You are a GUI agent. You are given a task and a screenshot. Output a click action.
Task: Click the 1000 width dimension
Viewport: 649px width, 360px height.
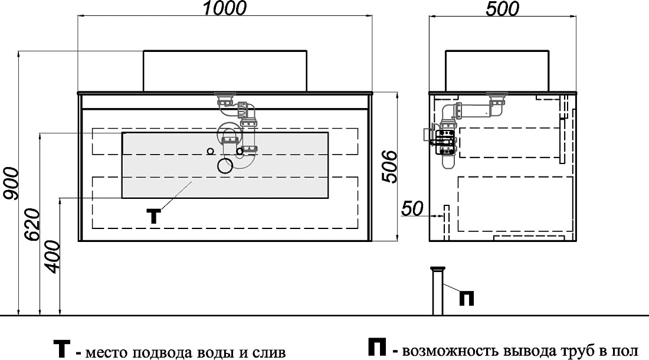[225, 8]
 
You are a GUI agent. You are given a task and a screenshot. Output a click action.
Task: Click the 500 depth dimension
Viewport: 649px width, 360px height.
[502, 8]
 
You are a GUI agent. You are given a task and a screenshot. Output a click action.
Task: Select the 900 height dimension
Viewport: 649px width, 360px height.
[11, 184]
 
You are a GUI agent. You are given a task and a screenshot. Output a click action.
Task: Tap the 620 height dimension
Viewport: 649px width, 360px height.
[32, 225]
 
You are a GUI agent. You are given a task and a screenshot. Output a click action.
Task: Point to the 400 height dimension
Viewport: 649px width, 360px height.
[53, 257]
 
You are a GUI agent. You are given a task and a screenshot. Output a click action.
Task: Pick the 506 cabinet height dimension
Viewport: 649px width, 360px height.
[389, 167]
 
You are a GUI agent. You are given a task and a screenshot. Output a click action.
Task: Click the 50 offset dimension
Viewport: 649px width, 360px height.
[412, 208]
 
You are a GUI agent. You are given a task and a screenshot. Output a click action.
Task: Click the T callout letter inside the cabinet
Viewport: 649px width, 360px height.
[153, 216]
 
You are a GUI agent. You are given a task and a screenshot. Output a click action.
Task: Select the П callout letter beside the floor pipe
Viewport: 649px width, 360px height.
[467, 298]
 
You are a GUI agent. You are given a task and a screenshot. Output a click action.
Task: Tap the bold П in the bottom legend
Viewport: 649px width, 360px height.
[376, 347]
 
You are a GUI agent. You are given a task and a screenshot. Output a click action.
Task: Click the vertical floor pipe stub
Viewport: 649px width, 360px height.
[438, 291]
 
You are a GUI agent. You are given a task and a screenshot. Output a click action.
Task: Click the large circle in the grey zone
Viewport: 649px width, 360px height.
[225, 165]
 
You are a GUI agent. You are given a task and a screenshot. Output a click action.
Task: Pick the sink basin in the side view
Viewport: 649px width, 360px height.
[497, 70]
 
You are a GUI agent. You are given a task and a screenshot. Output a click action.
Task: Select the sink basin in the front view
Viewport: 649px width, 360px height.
[225, 70]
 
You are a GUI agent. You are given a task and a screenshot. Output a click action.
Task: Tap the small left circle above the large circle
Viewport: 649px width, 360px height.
[210, 151]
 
